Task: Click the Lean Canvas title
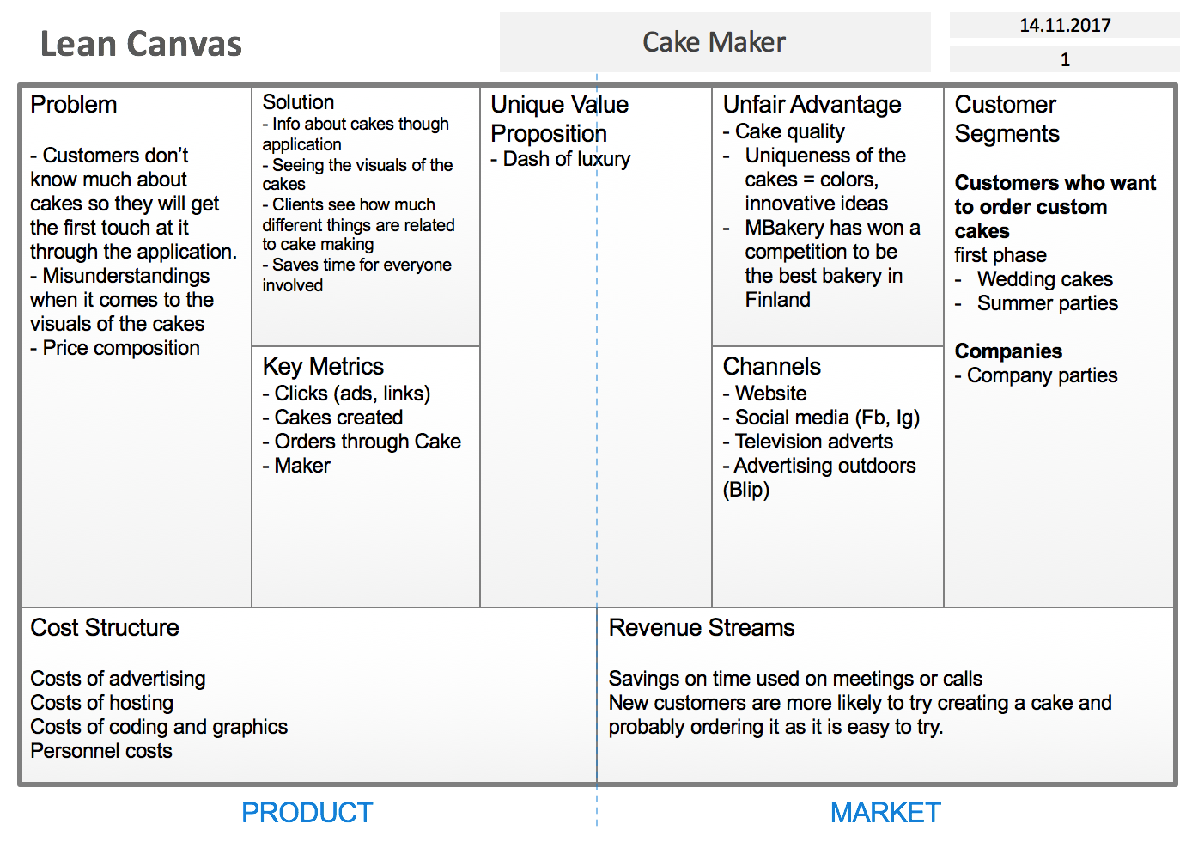tap(141, 44)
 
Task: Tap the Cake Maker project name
tap(714, 42)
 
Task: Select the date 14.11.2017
tap(1065, 26)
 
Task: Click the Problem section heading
tap(74, 105)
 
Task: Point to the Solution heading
tap(298, 102)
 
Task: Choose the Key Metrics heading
tap(323, 367)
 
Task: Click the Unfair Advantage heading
tap(812, 105)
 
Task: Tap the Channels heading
tap(771, 367)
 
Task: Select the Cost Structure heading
tap(105, 628)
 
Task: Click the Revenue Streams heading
tap(702, 628)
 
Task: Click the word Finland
tap(777, 300)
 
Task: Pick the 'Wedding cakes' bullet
tap(1043, 279)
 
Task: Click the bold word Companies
tap(1008, 351)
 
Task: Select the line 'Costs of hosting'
tap(102, 703)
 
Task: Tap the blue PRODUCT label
tap(307, 812)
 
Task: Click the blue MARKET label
tap(885, 812)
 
